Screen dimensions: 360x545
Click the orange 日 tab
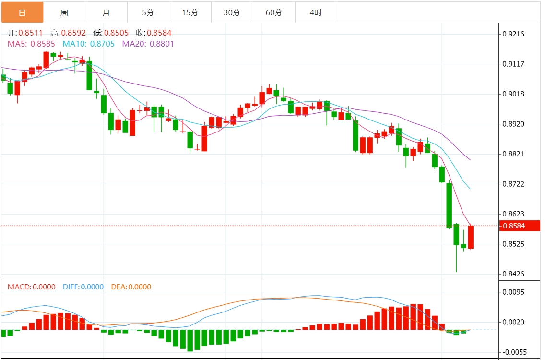click(22, 12)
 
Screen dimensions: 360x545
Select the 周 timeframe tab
click(64, 12)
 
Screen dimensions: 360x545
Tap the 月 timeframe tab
click(106, 12)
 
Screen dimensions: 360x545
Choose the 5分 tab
click(148, 12)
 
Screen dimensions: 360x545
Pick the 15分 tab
click(190, 12)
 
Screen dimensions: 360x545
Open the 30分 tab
click(232, 12)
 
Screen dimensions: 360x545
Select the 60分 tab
click(274, 12)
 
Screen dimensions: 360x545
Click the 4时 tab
click(316, 12)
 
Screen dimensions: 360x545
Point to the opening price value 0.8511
click(31, 33)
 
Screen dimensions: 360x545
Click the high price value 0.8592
click(74, 33)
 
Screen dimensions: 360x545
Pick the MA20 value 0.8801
click(161, 44)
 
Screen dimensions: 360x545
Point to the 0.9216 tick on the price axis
click(513, 34)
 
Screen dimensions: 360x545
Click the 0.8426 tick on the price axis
click(513, 274)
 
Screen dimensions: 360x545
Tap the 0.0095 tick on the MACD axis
click(513, 292)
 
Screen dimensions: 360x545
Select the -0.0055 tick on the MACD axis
click(513, 352)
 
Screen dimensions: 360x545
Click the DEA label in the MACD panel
click(118, 287)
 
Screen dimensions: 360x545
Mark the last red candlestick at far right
click(471, 237)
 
